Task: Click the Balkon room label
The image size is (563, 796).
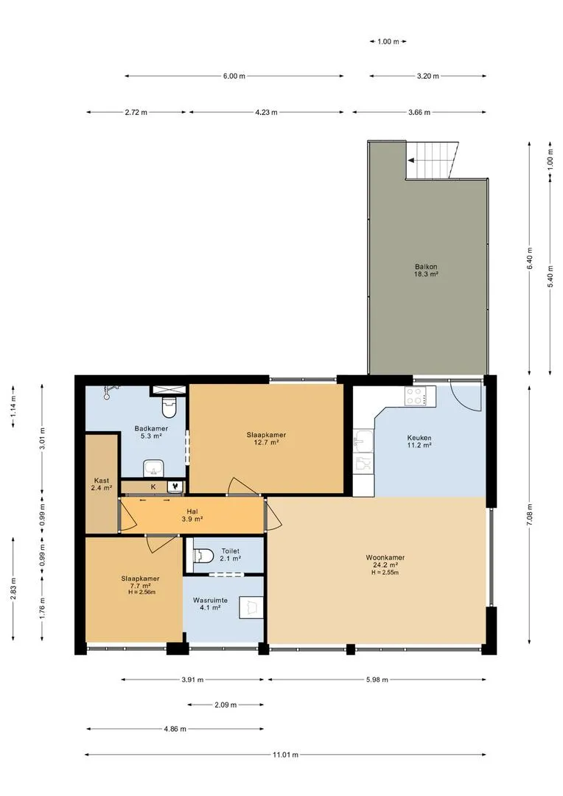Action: (426, 267)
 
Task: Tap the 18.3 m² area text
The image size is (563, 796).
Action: (426, 274)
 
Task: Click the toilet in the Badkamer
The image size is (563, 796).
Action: (167, 407)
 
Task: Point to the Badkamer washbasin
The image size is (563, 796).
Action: (152, 468)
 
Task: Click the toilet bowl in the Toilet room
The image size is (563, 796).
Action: (203, 556)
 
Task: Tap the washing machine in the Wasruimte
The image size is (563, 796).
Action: (251, 607)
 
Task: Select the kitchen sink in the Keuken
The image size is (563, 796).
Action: (363, 441)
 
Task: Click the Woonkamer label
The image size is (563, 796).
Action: (385, 557)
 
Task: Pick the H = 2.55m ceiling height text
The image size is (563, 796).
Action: (385, 573)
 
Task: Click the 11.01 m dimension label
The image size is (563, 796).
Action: (285, 755)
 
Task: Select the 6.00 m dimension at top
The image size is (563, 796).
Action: (234, 76)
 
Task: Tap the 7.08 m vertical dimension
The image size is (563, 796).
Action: (529, 516)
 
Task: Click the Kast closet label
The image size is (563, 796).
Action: (102, 481)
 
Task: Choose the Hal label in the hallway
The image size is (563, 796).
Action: (192, 512)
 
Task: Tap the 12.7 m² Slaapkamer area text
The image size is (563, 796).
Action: (267, 442)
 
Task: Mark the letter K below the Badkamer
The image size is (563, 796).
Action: (153, 486)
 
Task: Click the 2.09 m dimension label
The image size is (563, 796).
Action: (225, 705)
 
